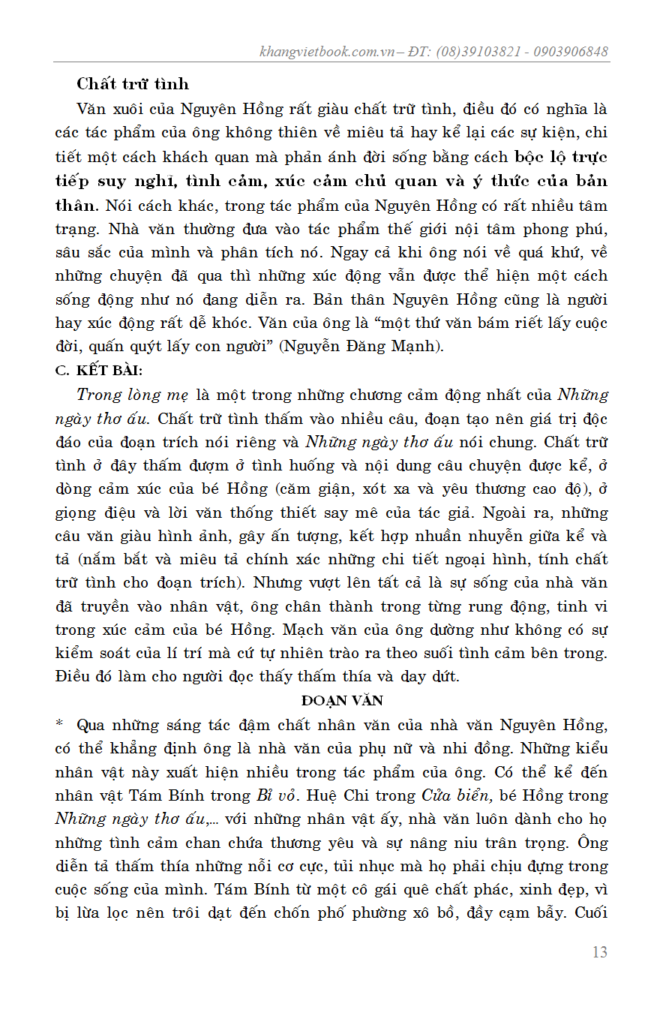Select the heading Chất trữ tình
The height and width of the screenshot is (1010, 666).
tap(133, 84)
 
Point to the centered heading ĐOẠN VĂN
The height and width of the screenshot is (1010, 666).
tap(342, 701)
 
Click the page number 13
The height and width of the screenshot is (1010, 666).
tap(599, 952)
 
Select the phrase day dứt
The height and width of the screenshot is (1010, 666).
tap(429, 676)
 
